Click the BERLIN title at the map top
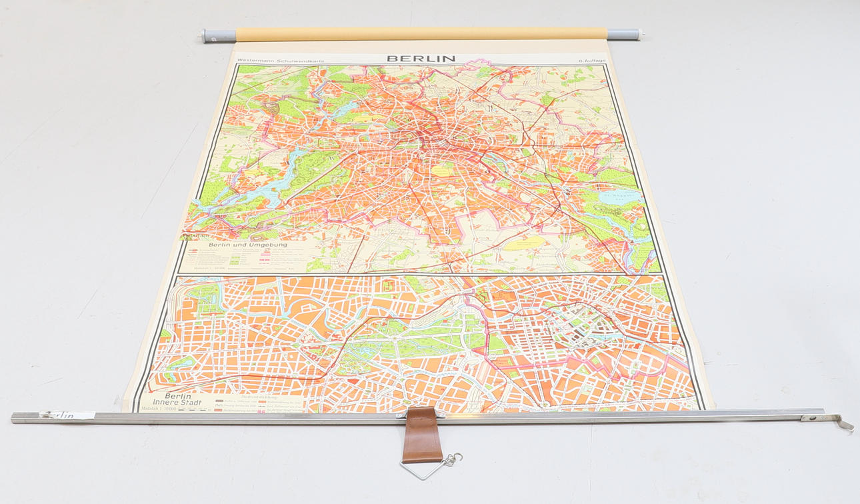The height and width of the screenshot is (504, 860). (421, 58)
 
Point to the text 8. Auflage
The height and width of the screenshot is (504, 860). (592, 61)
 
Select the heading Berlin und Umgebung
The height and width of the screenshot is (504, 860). (247, 245)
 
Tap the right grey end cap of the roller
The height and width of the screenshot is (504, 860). (623, 33)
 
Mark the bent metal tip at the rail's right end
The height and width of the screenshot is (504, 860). (847, 425)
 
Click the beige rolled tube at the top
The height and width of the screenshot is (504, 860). (420, 34)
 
